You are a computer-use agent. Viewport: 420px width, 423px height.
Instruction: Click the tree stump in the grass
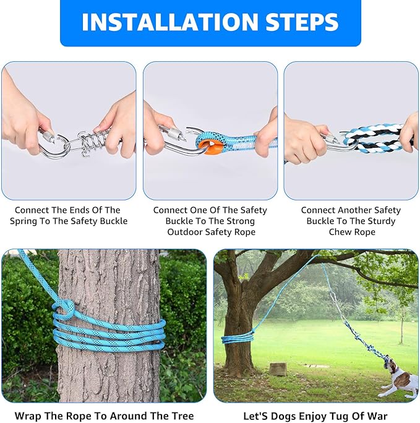point(278,369)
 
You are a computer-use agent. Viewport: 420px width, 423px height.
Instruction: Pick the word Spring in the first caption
point(33,221)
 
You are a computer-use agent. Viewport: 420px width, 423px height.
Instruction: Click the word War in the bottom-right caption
point(376,416)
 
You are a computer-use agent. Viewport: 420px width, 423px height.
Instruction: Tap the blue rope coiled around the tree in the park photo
point(238,338)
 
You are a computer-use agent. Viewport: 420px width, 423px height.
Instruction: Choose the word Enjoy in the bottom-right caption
point(312,416)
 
